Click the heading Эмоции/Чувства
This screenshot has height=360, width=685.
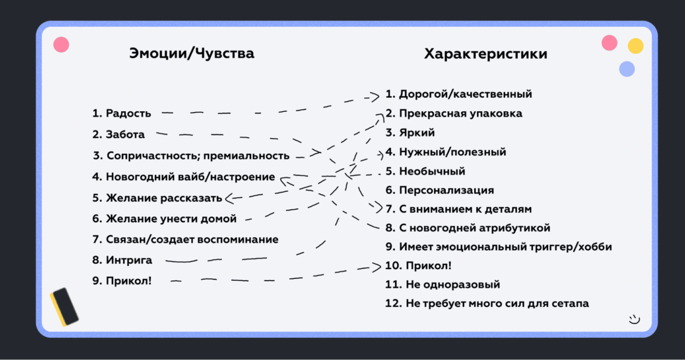(x=191, y=54)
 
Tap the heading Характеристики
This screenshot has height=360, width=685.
(x=485, y=54)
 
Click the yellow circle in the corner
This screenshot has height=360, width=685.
(x=635, y=46)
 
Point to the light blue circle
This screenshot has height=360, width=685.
(x=627, y=69)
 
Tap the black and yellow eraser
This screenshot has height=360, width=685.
(x=64, y=306)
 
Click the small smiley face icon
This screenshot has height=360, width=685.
(x=634, y=319)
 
